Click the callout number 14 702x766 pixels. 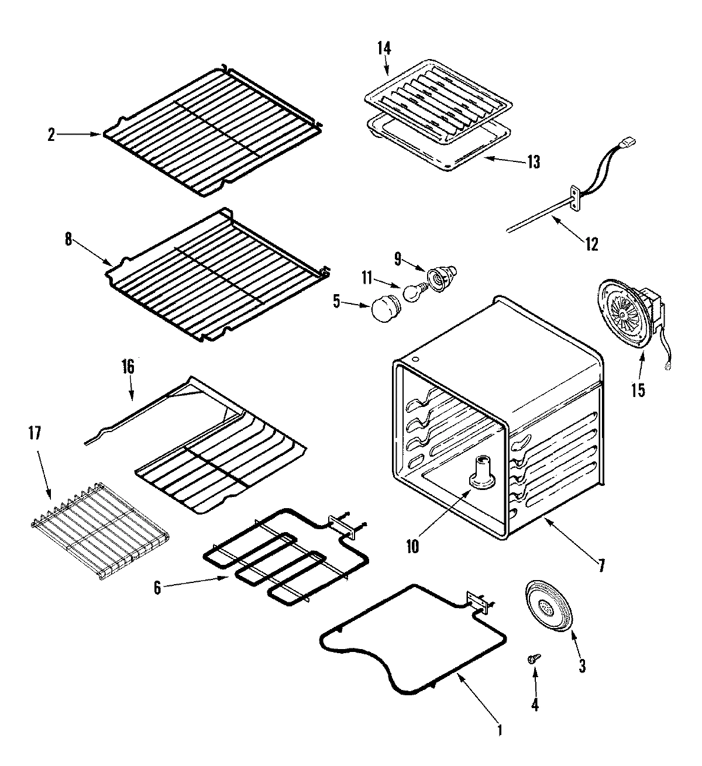pyautogui.click(x=384, y=49)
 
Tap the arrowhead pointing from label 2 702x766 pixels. pyautogui.click(x=98, y=134)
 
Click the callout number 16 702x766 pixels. pyautogui.click(x=128, y=367)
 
